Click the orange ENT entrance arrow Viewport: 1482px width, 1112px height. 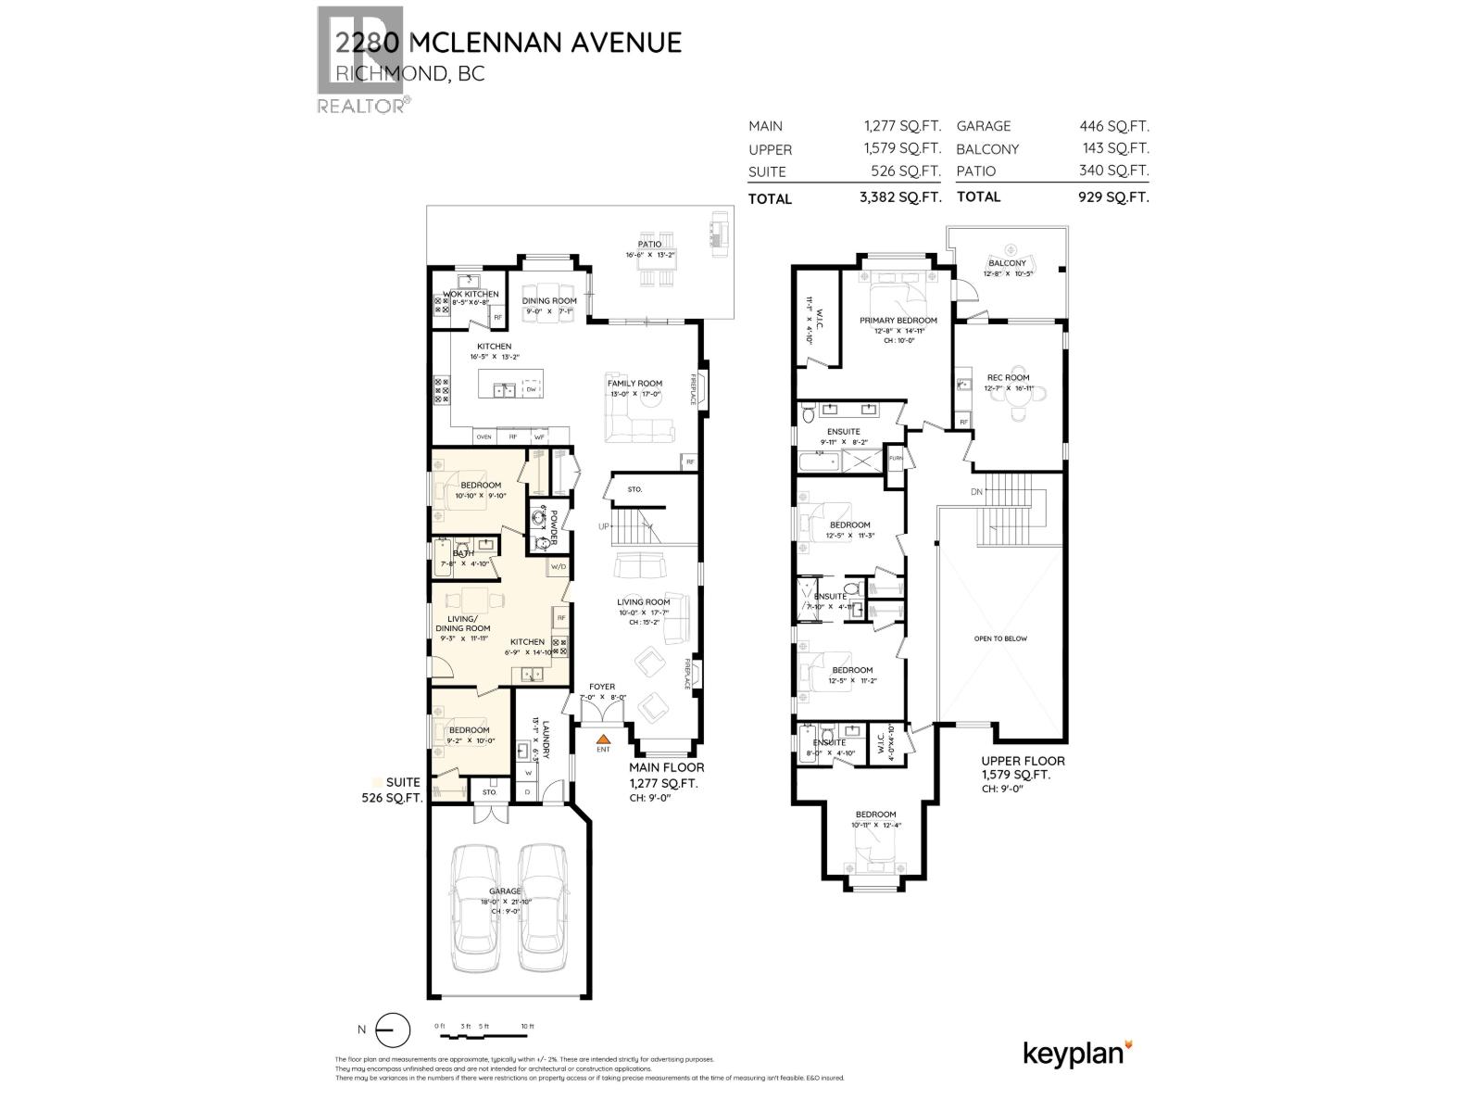click(603, 739)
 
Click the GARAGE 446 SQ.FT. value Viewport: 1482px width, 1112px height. click(1113, 126)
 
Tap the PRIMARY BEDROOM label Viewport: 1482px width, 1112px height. click(898, 321)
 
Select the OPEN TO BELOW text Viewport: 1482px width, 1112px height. click(1000, 638)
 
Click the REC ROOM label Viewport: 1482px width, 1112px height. click(1008, 377)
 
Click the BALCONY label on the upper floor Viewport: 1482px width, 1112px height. click(1007, 264)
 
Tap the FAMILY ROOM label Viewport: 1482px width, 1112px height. click(634, 383)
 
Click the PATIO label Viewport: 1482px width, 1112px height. click(649, 244)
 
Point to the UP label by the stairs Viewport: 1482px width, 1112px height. click(604, 525)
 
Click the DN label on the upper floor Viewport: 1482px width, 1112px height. click(976, 492)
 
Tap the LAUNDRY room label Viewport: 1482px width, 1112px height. click(546, 739)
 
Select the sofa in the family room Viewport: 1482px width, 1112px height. click(639, 429)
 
